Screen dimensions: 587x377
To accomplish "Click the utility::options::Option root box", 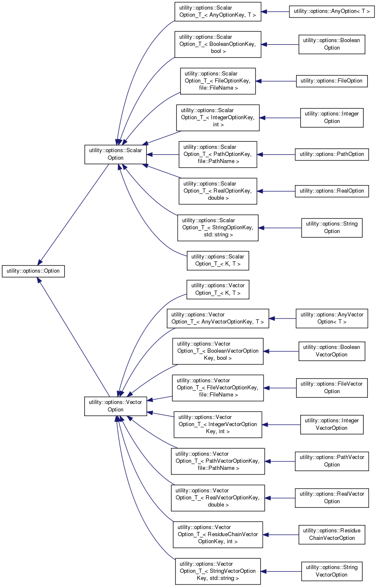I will [33, 271].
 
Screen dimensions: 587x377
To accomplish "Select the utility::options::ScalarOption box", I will [116, 154].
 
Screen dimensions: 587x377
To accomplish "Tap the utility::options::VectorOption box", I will [116, 406].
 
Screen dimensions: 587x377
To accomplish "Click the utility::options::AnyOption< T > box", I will [332, 11].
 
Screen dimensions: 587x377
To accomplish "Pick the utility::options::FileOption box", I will [332, 81].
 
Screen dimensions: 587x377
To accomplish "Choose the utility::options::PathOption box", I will [332, 154].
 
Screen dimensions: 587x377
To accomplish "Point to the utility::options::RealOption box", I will [332, 191].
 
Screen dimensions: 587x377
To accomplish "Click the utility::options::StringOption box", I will [332, 228].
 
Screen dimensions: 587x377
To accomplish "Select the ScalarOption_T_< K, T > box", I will [218, 261].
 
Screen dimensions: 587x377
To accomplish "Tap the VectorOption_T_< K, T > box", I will [218, 289].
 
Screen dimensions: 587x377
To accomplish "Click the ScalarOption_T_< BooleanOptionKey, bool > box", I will [218, 44].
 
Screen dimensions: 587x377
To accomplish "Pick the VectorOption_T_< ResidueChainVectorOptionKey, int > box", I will [218, 534].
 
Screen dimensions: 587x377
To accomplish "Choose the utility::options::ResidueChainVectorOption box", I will [332, 534].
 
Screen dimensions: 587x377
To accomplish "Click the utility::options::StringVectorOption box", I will [332, 571].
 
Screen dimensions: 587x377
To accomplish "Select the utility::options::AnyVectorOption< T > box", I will [332, 319].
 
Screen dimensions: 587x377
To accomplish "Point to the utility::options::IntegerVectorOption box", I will [332, 424].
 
